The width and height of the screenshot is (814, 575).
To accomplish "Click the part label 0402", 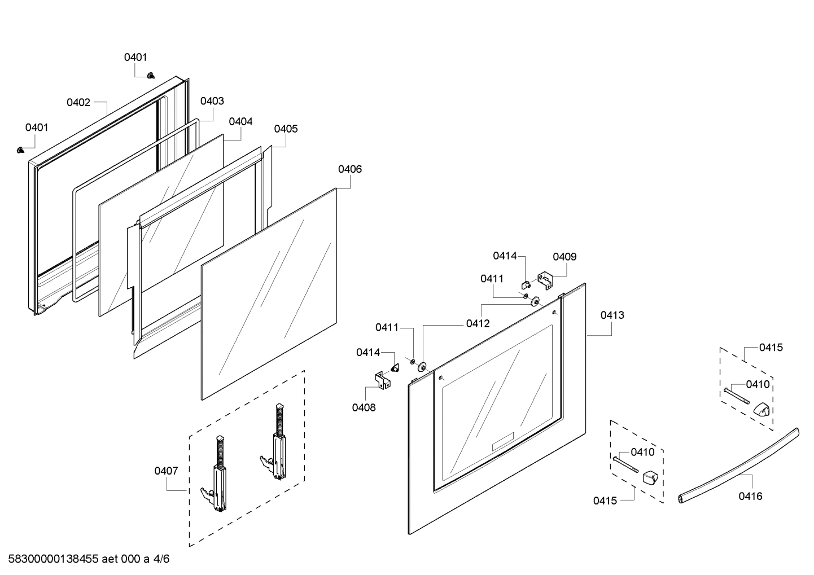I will (78, 102).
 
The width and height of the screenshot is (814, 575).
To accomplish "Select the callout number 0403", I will (212, 101).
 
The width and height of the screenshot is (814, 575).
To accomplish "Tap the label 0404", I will (240, 121).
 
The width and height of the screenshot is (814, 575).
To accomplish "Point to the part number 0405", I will (286, 129).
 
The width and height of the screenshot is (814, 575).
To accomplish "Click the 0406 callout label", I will (350, 169).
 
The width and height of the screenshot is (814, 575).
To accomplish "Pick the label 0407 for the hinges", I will (166, 471).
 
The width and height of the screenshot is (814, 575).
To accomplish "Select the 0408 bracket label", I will (364, 407).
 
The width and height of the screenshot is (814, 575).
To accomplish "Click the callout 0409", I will (564, 257).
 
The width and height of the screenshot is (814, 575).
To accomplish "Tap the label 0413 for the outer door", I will (612, 315).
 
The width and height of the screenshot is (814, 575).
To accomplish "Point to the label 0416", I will (750, 496).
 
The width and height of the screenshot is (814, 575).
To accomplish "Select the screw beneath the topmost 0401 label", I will (151, 75).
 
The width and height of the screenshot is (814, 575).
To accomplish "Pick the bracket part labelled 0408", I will (383, 379).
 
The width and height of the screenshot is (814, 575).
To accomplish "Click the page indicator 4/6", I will (161, 559).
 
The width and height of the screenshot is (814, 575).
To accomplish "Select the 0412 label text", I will (478, 323).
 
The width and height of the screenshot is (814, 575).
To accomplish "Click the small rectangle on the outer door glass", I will (502, 441).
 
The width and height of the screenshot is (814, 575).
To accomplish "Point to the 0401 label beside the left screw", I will (37, 128).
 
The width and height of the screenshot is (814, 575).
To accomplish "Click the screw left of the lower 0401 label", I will (21, 150).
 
